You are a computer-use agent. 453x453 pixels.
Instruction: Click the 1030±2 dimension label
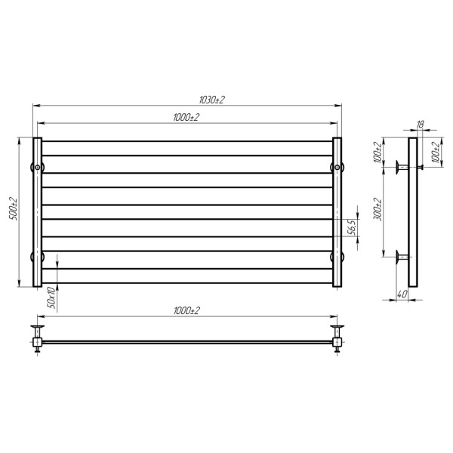click(211, 100)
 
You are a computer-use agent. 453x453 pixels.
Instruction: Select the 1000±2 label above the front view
click(186, 118)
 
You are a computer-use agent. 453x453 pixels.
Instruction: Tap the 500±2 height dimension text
click(14, 209)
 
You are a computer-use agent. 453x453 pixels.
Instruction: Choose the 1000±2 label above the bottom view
click(187, 311)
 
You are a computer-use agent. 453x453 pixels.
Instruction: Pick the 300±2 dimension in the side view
click(377, 209)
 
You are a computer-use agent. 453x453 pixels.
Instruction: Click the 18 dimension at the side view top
click(421, 125)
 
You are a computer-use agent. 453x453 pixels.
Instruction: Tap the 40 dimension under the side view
click(402, 294)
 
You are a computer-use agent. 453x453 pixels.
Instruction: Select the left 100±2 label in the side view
click(377, 153)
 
